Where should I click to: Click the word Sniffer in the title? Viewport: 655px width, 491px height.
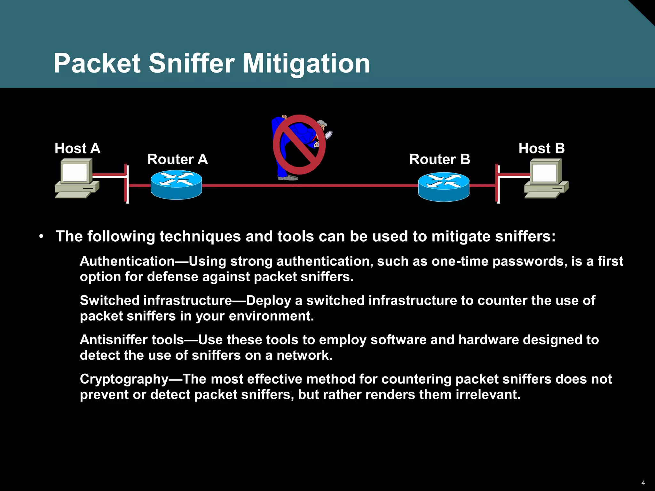point(192,63)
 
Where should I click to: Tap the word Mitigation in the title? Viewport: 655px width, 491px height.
point(306,63)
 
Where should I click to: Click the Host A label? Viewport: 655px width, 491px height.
point(77,148)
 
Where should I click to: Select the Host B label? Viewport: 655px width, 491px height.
point(541,148)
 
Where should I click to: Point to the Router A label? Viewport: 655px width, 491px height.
point(178,159)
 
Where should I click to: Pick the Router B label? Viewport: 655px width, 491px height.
point(440,159)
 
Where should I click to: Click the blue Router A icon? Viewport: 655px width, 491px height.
point(176,185)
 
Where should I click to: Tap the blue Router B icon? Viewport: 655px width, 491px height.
point(444,187)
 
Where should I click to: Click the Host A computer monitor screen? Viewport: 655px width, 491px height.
point(75,173)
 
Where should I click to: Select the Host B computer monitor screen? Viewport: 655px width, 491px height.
point(544,173)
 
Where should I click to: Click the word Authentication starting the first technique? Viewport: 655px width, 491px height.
point(127,261)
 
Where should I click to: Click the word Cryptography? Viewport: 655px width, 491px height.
point(124,379)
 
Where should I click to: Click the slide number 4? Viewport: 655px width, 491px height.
point(643,483)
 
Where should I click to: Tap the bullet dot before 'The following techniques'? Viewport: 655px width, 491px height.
point(41,237)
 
